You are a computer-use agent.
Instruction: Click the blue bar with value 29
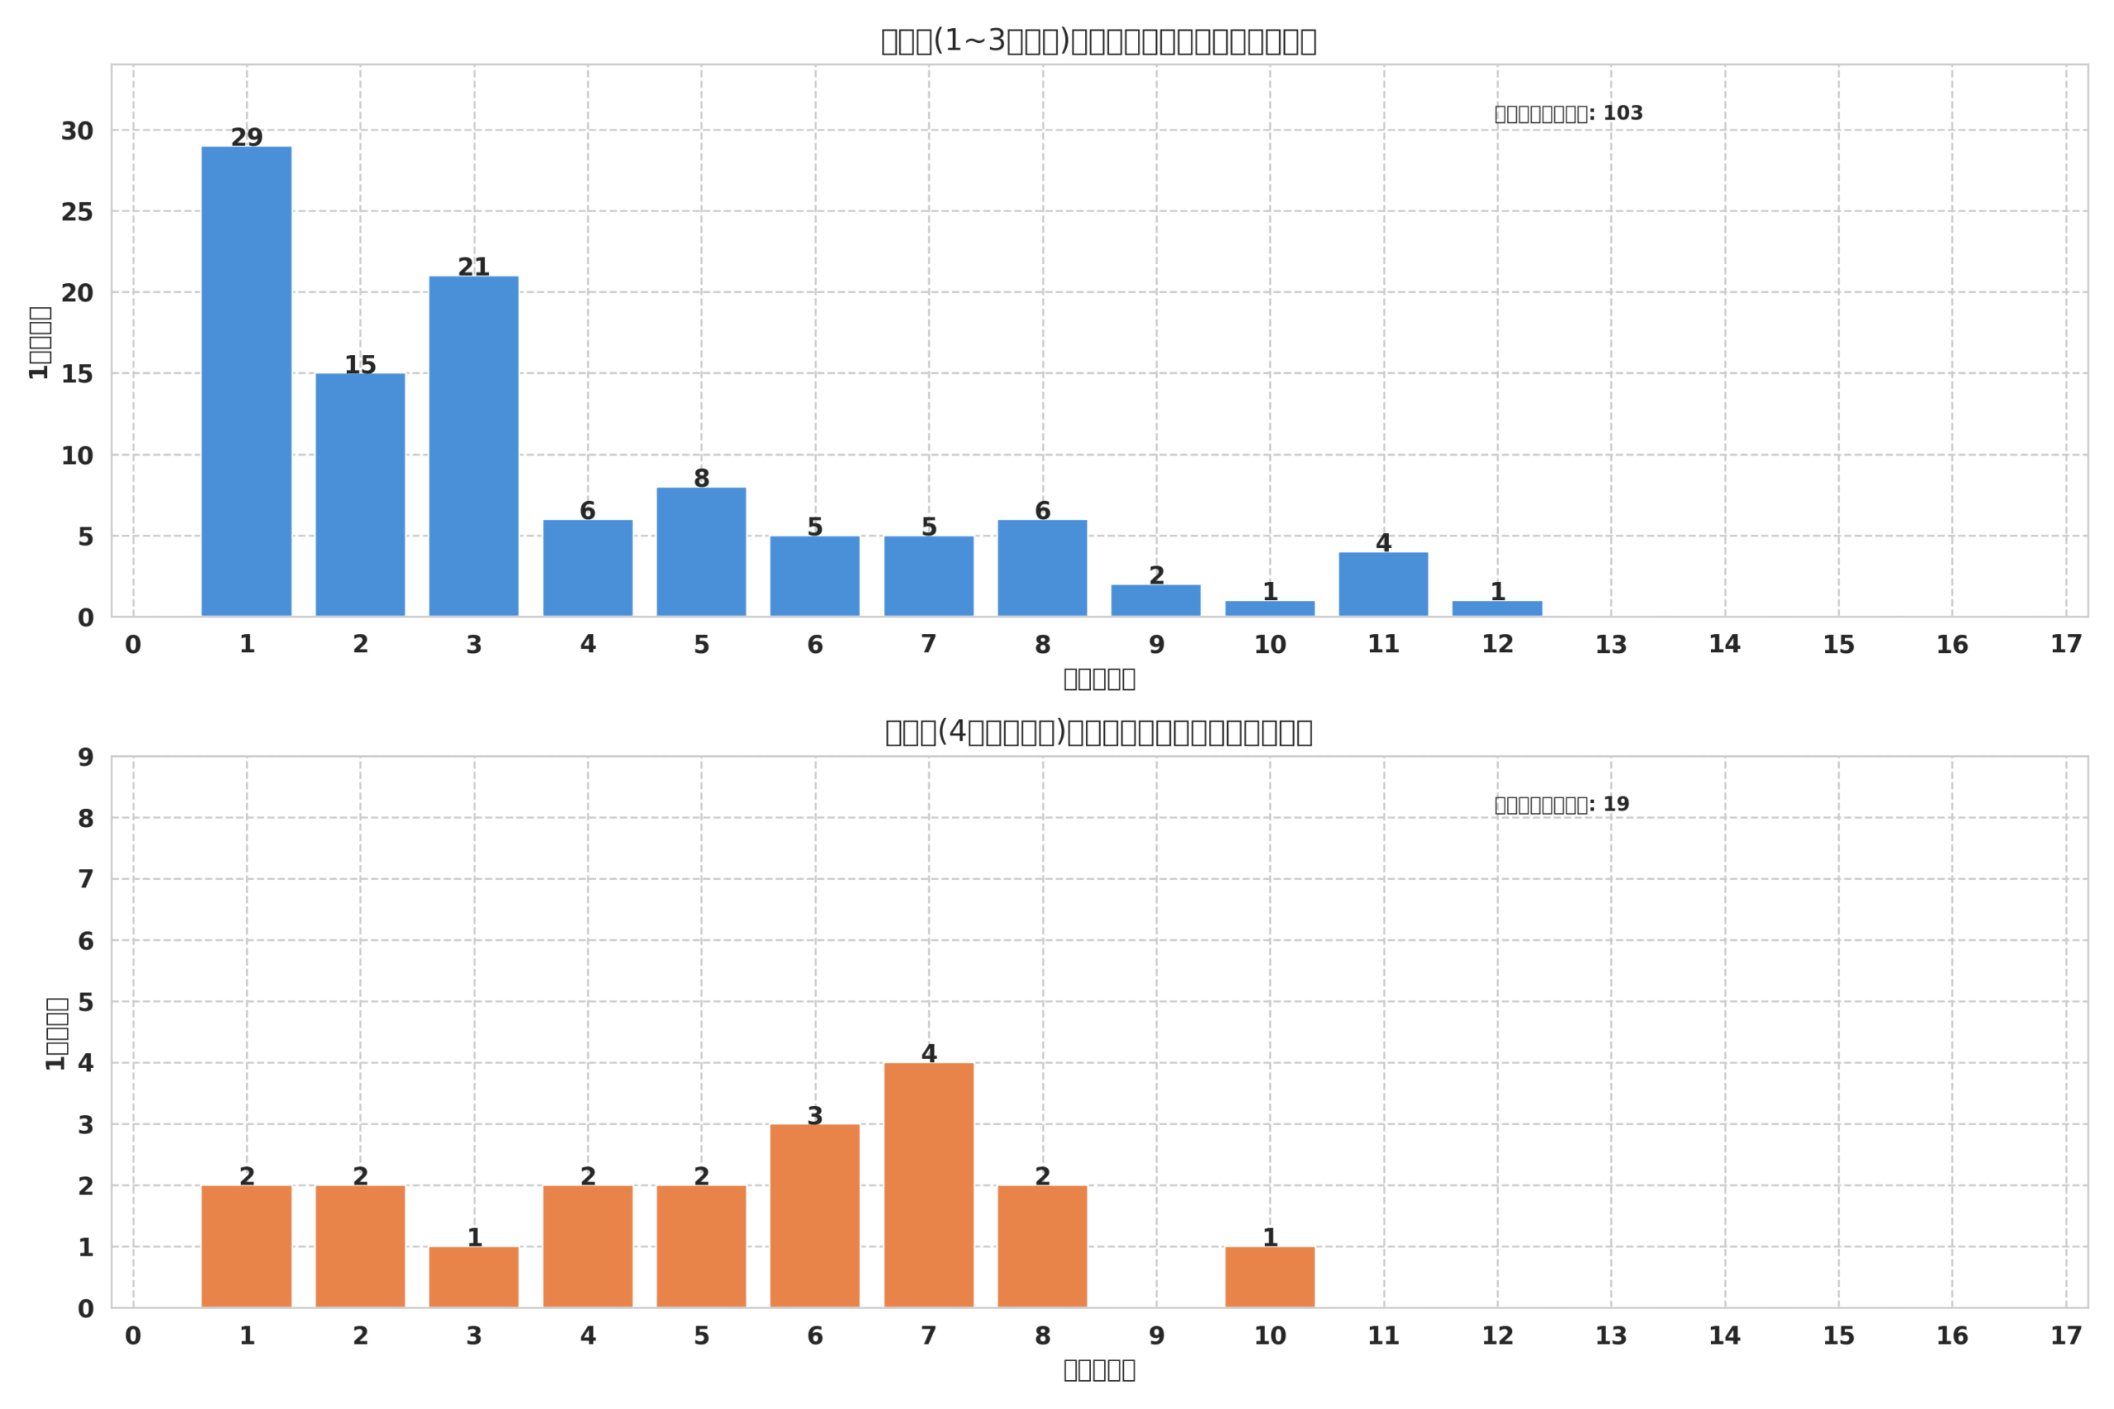pos(246,381)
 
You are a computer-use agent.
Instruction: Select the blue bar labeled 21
pos(474,446)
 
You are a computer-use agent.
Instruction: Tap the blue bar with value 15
pos(359,494)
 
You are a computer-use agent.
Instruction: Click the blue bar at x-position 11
pos(1383,584)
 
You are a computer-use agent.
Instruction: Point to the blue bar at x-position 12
pos(1497,608)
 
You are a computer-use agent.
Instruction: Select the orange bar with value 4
pos(928,1185)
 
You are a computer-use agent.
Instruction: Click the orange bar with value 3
pos(814,1216)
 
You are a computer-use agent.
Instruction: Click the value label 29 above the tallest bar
pos(246,138)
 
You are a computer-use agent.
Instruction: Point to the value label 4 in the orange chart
pos(928,1053)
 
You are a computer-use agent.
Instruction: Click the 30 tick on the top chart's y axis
pos(78,131)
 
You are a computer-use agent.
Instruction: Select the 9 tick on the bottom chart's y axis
pos(85,758)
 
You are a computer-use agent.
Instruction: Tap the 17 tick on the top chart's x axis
pos(2066,645)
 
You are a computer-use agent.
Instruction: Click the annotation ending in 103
pos(1568,113)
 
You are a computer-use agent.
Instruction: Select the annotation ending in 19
pos(1562,804)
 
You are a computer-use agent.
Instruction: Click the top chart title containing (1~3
pos(1098,41)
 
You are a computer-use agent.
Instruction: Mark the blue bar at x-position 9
pos(1156,600)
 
